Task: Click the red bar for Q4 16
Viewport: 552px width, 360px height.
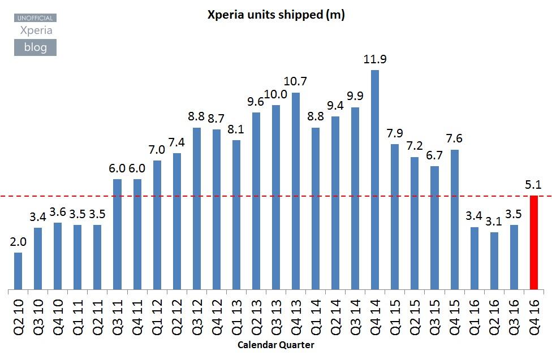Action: point(533,242)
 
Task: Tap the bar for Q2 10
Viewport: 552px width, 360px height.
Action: point(18,271)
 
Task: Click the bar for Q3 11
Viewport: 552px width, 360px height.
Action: point(117,235)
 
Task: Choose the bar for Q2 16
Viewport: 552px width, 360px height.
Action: point(494,261)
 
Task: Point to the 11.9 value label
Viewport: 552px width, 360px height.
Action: point(375,59)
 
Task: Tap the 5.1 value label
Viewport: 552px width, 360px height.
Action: point(533,184)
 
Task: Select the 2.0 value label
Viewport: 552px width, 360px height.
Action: point(18,242)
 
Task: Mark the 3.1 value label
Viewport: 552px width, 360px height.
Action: point(494,221)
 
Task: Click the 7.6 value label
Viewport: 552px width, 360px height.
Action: point(454,139)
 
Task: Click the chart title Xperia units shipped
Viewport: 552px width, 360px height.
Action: point(276,15)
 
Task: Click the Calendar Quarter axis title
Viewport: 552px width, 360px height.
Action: point(275,344)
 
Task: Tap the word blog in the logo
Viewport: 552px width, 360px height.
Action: point(35,47)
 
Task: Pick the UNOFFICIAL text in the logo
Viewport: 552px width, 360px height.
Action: point(35,18)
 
